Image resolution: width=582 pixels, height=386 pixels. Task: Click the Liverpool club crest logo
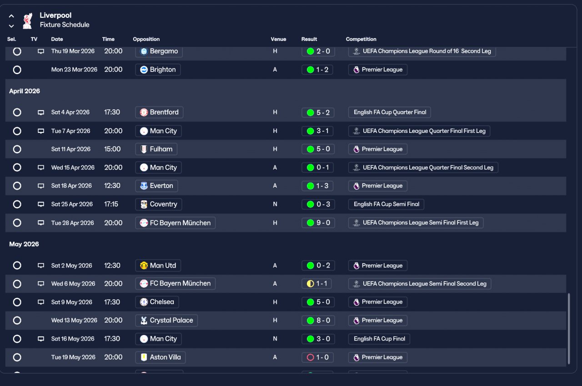click(28, 20)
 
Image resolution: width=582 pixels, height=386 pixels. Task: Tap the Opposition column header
click(146, 39)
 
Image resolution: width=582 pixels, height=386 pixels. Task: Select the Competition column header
click(361, 39)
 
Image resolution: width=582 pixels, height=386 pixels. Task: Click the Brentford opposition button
click(159, 112)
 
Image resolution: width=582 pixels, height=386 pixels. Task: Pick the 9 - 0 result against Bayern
click(318, 223)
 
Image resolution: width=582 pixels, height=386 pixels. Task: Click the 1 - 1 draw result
click(316, 284)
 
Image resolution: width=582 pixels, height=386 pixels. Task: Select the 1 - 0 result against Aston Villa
click(317, 357)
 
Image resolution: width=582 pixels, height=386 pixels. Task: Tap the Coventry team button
click(159, 204)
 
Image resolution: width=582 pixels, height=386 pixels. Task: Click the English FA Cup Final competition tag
click(379, 339)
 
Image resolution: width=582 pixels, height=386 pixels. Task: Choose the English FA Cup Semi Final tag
click(386, 204)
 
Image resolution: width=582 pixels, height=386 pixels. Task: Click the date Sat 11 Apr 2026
click(70, 149)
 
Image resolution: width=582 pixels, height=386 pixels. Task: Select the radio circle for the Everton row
click(17, 186)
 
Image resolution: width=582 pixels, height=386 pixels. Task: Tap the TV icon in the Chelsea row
click(41, 302)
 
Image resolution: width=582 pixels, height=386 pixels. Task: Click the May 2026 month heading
click(24, 244)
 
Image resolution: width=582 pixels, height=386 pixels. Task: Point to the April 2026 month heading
click(25, 91)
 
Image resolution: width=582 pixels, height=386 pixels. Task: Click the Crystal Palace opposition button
click(166, 320)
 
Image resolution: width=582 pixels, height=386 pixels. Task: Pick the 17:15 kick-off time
click(111, 204)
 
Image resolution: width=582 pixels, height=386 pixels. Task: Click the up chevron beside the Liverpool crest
click(11, 16)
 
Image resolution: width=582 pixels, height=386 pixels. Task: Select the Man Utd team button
click(158, 265)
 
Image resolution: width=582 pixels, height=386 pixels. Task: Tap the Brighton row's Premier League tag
click(378, 70)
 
